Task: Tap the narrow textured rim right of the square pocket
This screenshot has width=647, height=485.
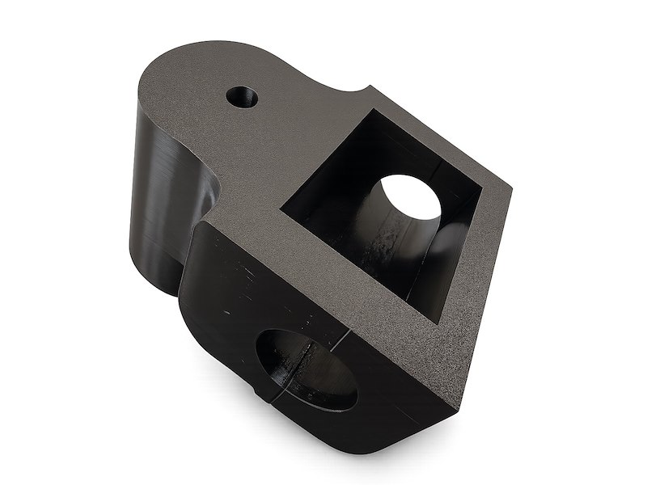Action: pyautogui.click(x=477, y=242)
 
